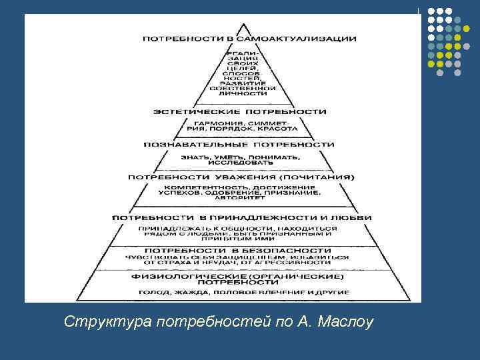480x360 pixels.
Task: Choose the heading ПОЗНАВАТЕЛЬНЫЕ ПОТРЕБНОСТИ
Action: click(239, 144)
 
